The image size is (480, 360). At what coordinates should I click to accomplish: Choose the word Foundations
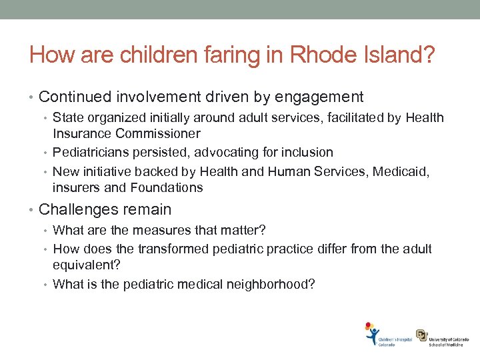coord(167,187)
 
